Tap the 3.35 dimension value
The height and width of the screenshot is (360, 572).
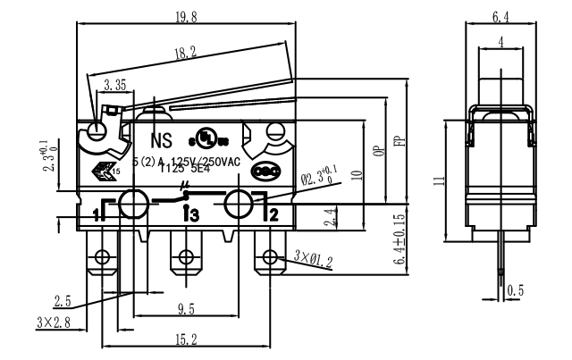pos(115,86)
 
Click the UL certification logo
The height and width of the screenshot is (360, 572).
pos(206,141)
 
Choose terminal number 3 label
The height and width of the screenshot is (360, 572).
pos(189,214)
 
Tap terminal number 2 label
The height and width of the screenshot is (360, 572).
pos(273,213)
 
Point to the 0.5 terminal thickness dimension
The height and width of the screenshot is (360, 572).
pos(515,290)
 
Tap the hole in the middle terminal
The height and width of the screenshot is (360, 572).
pos(186,258)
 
